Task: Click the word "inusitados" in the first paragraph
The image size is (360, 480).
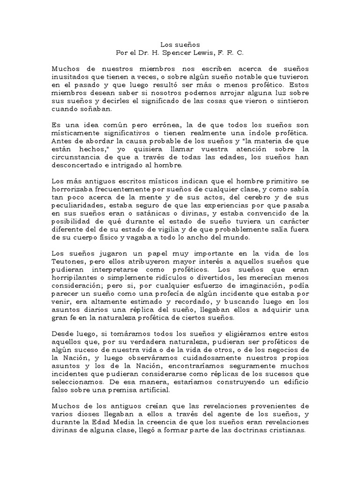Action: click(x=68, y=77)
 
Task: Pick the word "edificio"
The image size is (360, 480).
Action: click(x=293, y=382)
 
